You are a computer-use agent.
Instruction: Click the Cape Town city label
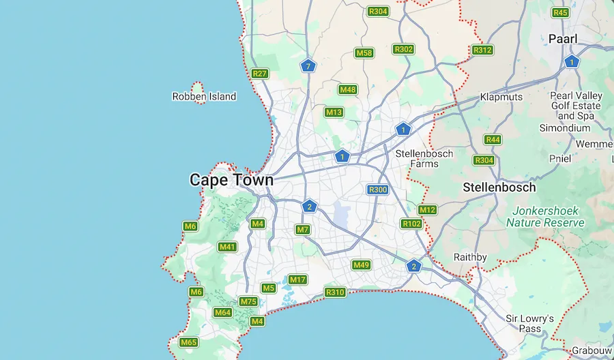[231, 180]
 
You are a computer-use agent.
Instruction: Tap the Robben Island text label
[204, 97]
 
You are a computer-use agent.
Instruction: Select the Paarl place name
[563, 39]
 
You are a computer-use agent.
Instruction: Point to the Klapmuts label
[501, 97]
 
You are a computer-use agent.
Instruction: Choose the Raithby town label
[470, 257]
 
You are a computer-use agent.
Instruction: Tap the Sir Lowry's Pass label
[529, 323]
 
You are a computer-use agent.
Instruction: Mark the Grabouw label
[591, 350]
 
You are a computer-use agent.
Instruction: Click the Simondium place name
[564, 127]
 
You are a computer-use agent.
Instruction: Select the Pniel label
[559, 158]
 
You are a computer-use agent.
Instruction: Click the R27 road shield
[260, 74]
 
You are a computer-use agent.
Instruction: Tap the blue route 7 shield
[308, 66]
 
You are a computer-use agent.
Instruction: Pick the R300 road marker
[377, 190]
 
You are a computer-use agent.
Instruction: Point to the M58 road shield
[364, 53]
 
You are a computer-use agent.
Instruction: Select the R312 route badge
[482, 50]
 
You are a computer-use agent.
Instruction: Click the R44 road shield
[493, 140]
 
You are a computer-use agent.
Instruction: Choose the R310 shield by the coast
[335, 292]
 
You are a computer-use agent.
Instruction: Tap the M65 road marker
[188, 342]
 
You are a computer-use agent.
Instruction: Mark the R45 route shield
[561, 12]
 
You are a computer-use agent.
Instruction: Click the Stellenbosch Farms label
[424, 158]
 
